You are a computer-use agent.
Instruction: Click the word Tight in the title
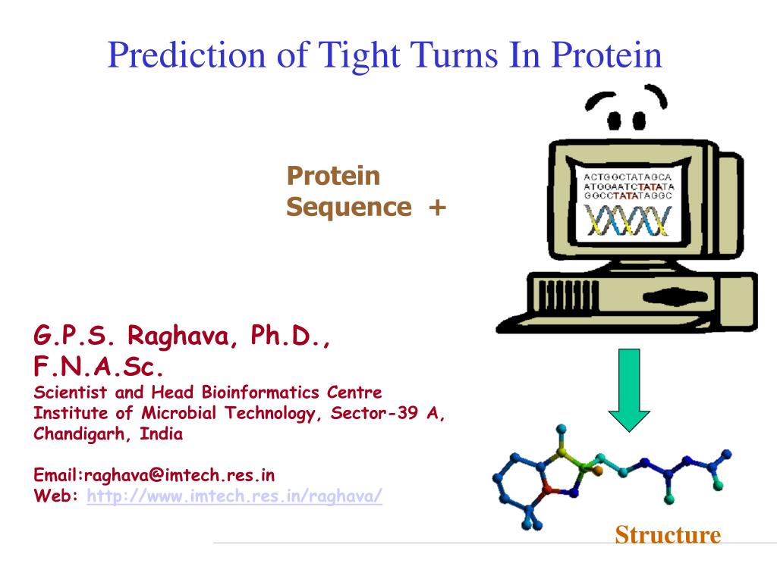click(x=359, y=55)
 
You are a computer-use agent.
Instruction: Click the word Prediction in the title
click(x=187, y=54)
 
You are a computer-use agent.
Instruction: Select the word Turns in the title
click(x=454, y=54)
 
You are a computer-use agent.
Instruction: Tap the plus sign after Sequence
click(x=438, y=208)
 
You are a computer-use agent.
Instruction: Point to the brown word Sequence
click(x=349, y=208)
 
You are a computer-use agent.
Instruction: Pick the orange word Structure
click(x=668, y=535)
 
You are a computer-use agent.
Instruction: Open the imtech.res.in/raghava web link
click(x=234, y=496)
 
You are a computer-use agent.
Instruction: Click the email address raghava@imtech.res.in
click(x=179, y=475)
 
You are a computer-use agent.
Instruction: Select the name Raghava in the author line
click(x=179, y=336)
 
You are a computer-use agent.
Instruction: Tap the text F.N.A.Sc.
click(x=98, y=367)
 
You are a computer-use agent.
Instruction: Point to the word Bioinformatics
click(x=260, y=393)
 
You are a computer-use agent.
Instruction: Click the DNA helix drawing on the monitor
click(x=627, y=221)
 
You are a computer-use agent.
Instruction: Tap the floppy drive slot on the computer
click(x=675, y=297)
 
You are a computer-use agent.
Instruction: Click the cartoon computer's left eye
click(x=614, y=120)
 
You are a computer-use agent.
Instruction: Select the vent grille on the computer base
click(x=568, y=296)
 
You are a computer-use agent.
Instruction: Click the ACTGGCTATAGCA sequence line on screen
click(x=628, y=177)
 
